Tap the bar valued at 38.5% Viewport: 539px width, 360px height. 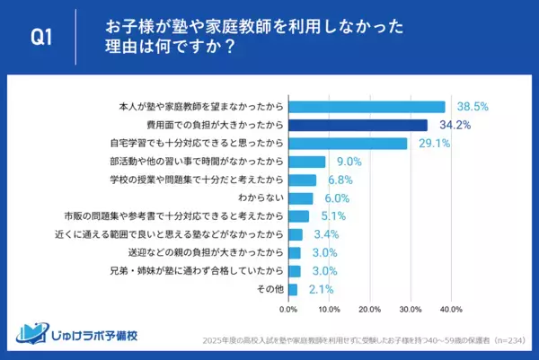pyautogui.click(x=367, y=106)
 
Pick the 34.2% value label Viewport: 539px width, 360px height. pyautogui.click(x=455, y=125)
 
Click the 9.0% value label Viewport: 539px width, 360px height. pyautogui.click(x=348, y=162)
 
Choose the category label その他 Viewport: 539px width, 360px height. pyautogui.click(x=270, y=290)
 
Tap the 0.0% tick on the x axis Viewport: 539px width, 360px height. pyautogui.click(x=288, y=310)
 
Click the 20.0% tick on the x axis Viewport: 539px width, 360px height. pyautogui.click(x=369, y=310)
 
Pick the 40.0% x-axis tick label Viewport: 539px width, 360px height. pyautogui.click(x=450, y=310)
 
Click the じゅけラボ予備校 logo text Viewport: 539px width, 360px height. pyautogui.click(x=90, y=338)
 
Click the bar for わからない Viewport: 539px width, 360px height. pyautogui.click(x=300, y=198)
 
